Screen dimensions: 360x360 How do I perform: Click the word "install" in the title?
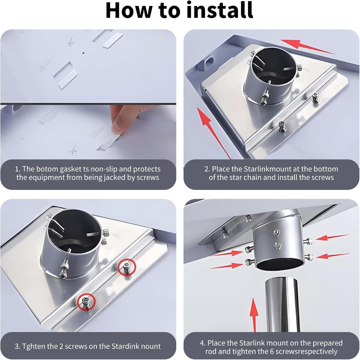point(220,10)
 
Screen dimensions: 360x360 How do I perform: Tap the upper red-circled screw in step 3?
point(126,267)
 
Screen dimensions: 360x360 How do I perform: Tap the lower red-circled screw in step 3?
point(86,302)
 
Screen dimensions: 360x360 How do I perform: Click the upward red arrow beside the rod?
point(254,315)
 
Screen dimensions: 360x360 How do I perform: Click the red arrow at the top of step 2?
point(307,47)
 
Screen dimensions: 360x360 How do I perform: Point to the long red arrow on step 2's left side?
point(214,133)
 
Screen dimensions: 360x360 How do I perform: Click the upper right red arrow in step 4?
point(332,237)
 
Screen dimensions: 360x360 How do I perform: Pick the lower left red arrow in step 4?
point(226,266)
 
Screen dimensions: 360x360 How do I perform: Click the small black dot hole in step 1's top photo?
point(83,53)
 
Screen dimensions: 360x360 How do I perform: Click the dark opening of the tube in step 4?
point(280,264)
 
